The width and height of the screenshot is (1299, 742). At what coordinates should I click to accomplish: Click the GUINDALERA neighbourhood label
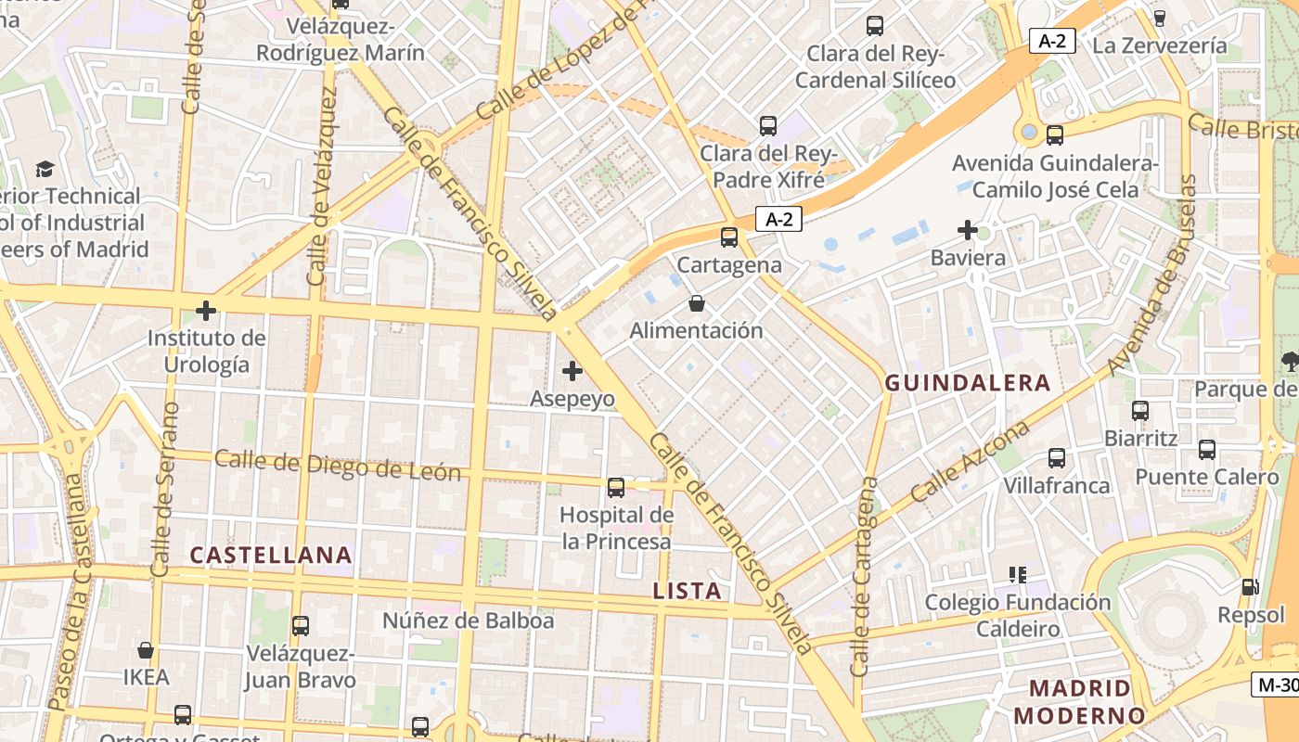968,382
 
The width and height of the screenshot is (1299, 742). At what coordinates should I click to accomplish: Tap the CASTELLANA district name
271,555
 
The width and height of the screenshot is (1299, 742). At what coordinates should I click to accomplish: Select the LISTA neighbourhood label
687,591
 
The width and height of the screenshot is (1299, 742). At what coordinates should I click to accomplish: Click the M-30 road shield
1277,684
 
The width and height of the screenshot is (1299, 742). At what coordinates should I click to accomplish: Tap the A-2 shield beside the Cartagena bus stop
778,219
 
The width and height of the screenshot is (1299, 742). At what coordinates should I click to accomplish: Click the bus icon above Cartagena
729,237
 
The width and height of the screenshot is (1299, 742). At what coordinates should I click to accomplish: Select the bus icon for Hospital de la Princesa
616,487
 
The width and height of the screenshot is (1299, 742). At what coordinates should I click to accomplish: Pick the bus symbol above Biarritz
1140,410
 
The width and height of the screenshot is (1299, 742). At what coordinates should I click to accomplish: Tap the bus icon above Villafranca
1057,457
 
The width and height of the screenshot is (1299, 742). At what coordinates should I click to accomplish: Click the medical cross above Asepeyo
572,371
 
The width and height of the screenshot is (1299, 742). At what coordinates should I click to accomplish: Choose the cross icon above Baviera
968,229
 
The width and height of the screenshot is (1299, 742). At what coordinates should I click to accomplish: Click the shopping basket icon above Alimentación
697,303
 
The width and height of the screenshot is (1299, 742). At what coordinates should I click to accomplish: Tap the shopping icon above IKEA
146,649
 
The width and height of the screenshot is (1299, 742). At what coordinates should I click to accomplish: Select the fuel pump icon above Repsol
1251,586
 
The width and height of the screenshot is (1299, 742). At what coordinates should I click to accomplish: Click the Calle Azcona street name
970,461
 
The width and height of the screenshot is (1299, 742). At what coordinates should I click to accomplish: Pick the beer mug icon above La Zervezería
1159,18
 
